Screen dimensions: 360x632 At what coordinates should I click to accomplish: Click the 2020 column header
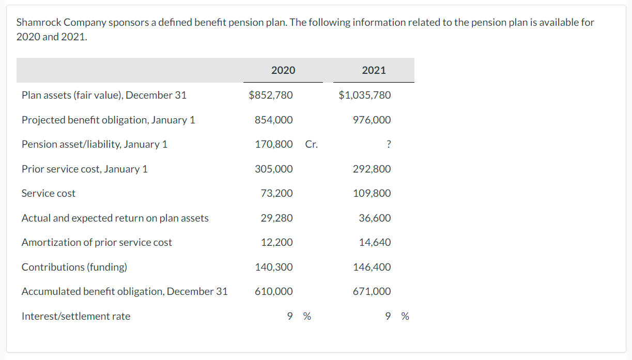[283, 70]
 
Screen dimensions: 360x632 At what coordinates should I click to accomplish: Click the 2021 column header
[374, 70]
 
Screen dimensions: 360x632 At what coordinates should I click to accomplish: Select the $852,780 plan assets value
[270, 95]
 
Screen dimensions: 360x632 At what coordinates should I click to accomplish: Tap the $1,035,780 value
[365, 95]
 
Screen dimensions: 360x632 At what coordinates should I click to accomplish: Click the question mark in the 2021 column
[388, 145]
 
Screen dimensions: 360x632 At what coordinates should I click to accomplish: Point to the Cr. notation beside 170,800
[311, 144]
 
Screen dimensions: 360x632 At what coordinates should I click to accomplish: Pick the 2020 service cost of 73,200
[276, 193]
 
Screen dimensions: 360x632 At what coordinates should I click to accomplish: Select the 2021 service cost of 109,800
[372, 193]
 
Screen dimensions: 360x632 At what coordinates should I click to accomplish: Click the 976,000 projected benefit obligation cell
[372, 120]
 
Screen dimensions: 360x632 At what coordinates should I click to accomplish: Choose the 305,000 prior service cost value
[273, 169]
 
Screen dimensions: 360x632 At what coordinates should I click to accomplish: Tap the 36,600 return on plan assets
[375, 218]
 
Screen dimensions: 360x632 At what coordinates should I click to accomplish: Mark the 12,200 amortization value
[276, 242]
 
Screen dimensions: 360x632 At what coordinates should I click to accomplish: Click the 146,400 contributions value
[372, 267]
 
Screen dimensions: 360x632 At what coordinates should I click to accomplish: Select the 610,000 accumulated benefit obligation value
[273, 291]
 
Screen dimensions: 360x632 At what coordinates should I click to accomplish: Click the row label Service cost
[48, 193]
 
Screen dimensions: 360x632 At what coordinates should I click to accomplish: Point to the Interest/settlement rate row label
[75, 316]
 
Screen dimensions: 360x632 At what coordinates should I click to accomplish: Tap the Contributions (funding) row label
[74, 267]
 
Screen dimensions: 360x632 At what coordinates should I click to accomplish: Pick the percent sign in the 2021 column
[405, 316]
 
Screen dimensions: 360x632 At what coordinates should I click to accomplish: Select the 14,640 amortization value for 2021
[375, 242]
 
